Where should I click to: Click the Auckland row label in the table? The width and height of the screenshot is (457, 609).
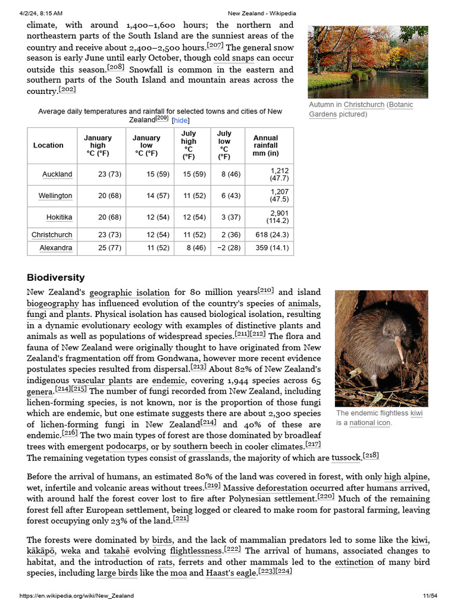(x=57, y=174)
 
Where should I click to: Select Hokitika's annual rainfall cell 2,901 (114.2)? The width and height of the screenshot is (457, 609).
(x=270, y=217)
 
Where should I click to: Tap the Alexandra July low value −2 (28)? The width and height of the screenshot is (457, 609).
(x=228, y=248)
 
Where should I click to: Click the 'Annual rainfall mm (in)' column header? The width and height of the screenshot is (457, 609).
(x=265, y=146)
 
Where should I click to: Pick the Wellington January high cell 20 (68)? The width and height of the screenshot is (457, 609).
(x=109, y=196)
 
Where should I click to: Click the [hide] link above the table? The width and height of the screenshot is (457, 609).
(x=180, y=120)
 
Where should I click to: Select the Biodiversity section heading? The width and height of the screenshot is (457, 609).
(x=56, y=278)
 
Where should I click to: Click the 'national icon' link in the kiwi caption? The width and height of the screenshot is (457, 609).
(x=370, y=423)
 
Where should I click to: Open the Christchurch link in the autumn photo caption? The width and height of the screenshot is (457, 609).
(x=364, y=105)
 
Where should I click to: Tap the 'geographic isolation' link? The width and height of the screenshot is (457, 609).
(x=129, y=293)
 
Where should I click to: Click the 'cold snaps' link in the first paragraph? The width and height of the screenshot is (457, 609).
(x=233, y=58)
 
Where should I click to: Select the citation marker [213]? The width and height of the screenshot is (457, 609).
(x=198, y=368)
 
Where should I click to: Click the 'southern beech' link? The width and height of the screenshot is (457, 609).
(x=202, y=447)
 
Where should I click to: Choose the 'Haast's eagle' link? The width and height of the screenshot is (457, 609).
(x=231, y=573)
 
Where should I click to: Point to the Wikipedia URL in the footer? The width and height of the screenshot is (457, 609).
(x=77, y=596)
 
